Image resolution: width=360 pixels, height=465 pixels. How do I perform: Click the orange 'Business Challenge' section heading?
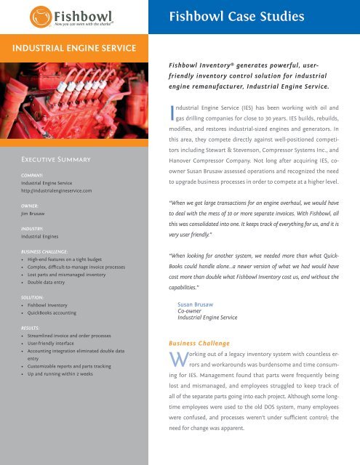(x=199, y=341)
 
